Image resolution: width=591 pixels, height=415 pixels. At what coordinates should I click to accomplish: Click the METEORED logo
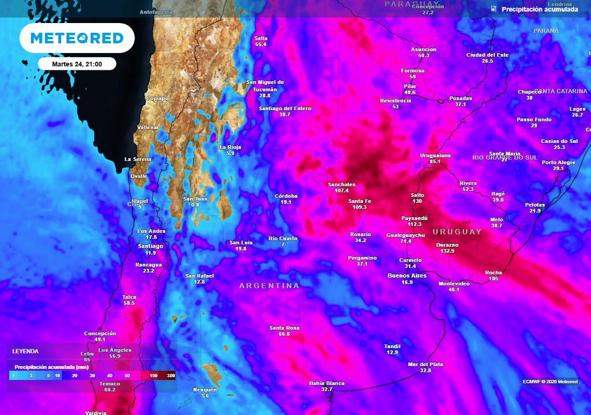(77, 38)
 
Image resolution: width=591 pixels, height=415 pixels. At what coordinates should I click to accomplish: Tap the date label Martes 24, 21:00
(77, 64)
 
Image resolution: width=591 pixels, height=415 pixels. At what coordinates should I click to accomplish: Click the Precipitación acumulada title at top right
(540, 9)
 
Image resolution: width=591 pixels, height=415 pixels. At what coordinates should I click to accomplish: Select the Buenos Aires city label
(407, 276)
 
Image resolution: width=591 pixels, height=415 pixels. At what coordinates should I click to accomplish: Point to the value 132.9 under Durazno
(447, 251)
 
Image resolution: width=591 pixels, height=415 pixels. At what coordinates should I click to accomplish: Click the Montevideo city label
(454, 283)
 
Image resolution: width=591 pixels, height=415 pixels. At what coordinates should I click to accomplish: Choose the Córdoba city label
(286, 196)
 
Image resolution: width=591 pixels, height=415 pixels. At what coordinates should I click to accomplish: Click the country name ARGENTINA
(270, 286)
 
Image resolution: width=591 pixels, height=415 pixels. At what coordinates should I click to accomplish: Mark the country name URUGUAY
(457, 232)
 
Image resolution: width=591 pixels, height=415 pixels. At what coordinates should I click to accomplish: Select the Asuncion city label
(424, 50)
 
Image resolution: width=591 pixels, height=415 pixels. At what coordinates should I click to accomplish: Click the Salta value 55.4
(261, 44)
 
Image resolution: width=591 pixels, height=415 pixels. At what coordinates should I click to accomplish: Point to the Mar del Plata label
(425, 364)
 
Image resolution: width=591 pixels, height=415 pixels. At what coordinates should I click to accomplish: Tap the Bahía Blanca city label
(327, 383)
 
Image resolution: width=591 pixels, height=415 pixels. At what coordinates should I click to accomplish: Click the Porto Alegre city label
(558, 163)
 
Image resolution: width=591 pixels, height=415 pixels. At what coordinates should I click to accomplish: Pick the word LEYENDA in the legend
(25, 351)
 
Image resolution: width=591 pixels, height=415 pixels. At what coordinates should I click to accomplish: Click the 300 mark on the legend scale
(171, 375)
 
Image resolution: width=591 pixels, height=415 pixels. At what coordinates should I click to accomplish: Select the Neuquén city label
(205, 390)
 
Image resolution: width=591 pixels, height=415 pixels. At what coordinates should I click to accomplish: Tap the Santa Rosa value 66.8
(285, 334)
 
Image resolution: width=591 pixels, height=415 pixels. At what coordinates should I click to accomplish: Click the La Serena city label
(138, 159)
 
